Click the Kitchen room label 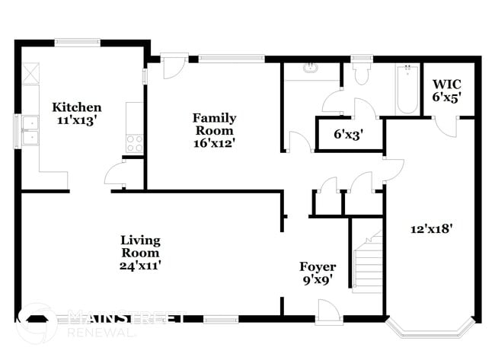[x=75, y=107]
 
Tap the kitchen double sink [x=30, y=130]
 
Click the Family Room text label [x=213, y=124]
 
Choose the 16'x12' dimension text [x=214, y=142]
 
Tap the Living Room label [x=140, y=247]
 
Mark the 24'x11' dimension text [x=140, y=265]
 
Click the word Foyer [x=317, y=266]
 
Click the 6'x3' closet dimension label [x=348, y=135]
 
